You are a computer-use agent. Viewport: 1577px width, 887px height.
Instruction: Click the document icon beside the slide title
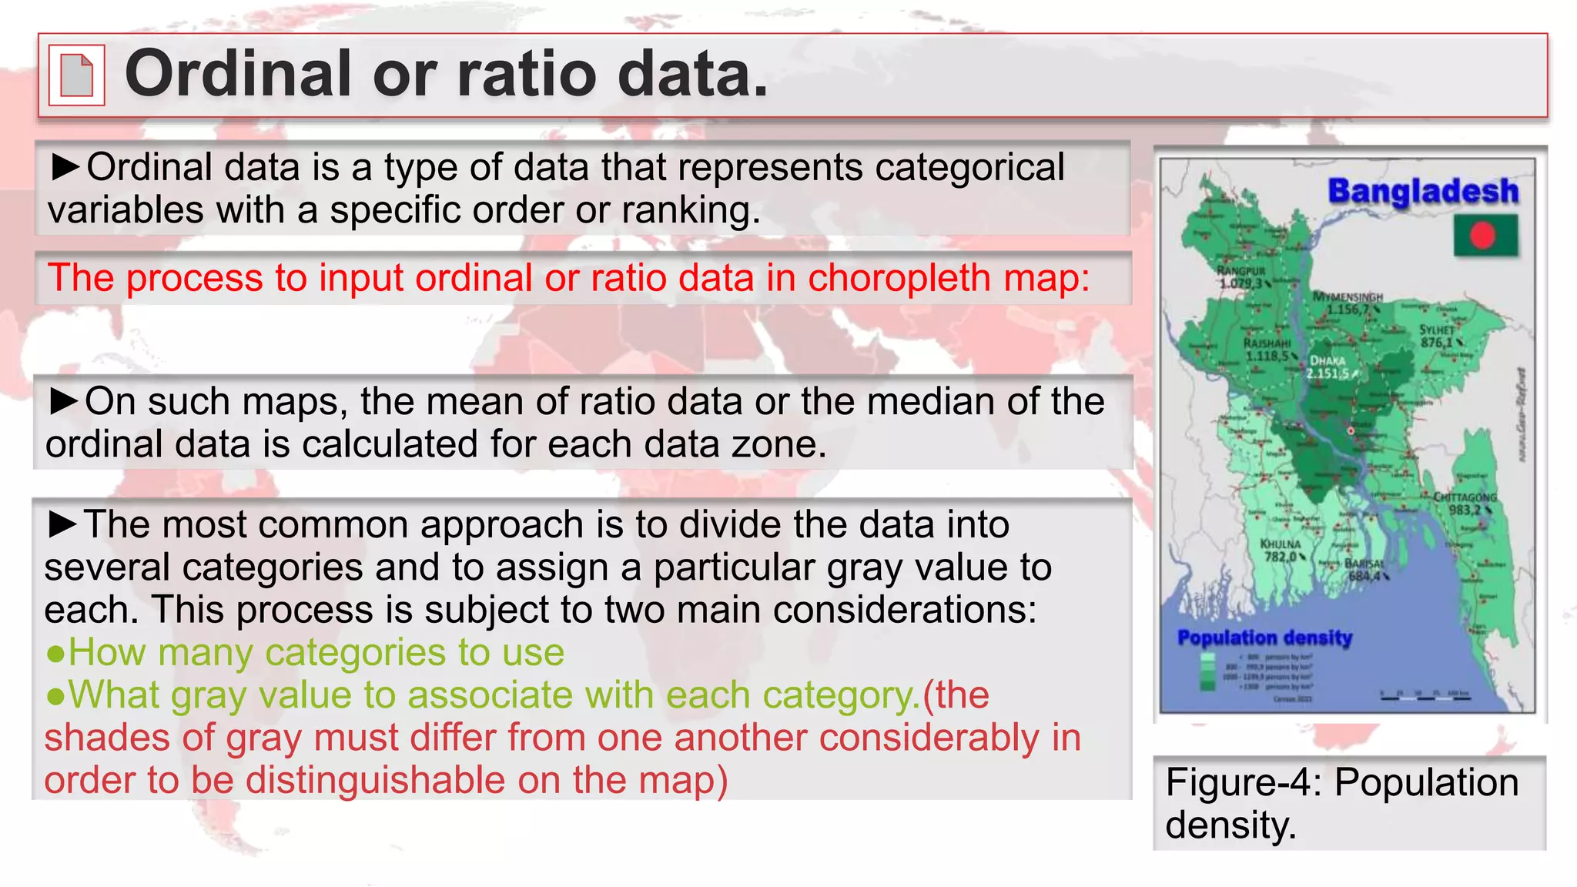click(76, 75)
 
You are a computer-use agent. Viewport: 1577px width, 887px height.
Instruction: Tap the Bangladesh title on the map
click(1423, 191)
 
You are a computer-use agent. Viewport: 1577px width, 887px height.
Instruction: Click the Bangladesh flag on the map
click(1485, 236)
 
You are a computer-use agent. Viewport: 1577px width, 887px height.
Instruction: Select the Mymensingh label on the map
click(1348, 303)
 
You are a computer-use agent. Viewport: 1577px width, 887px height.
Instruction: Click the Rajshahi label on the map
click(1267, 350)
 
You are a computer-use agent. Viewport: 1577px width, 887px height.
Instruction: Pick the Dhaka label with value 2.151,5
click(1328, 367)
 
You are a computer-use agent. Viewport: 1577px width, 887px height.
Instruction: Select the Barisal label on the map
click(1365, 570)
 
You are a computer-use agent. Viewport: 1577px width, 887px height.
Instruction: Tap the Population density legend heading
click(1265, 638)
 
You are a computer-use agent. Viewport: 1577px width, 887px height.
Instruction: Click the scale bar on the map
click(1425, 697)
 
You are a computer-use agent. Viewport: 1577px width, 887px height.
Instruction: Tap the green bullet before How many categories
click(55, 654)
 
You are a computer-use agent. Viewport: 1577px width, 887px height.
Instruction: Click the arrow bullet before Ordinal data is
click(66, 167)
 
